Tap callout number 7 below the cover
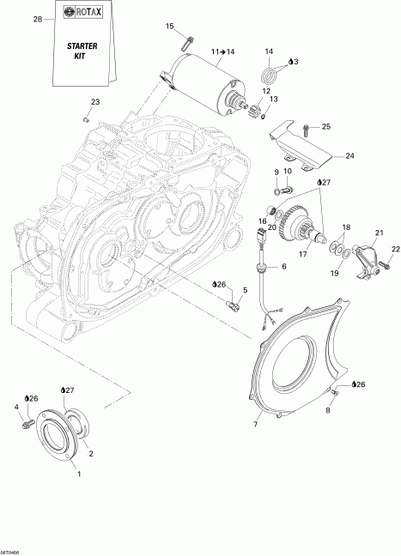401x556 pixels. coord(256,424)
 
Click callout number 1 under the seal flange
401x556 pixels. coord(80,473)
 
